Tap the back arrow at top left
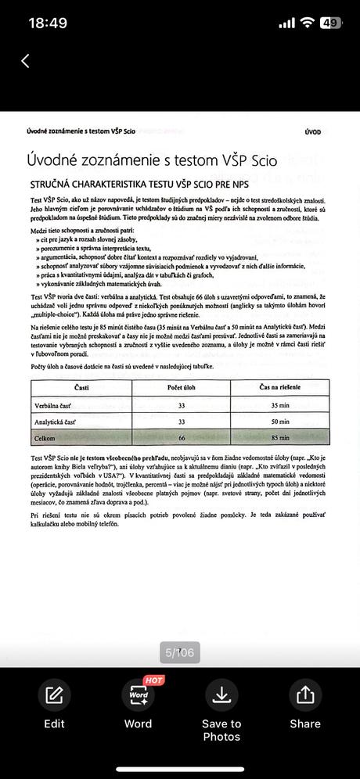click(25, 61)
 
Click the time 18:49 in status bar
click(49, 23)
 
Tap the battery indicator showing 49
click(330, 23)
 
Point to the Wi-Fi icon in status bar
click(307, 23)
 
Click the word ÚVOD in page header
click(312, 132)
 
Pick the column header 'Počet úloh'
click(182, 388)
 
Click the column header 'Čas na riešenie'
click(279, 388)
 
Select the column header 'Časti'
click(81, 388)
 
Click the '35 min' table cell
click(279, 406)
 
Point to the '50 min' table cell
click(279, 422)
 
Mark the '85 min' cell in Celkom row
click(279, 438)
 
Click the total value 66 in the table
click(182, 438)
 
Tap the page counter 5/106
click(180, 652)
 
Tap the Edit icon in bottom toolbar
click(54, 695)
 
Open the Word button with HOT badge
click(138, 695)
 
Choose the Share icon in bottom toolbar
click(305, 695)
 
